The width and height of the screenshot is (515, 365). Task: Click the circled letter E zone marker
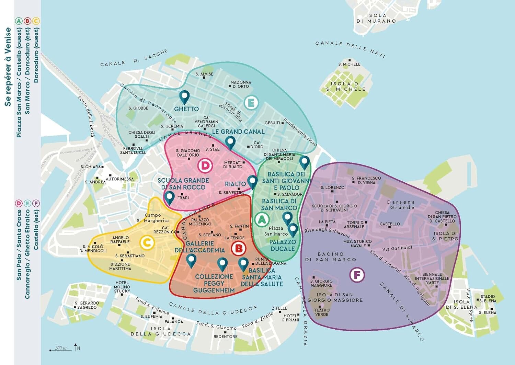pyautogui.click(x=251, y=103)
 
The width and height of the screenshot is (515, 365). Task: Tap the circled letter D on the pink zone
pyautogui.click(x=205, y=166)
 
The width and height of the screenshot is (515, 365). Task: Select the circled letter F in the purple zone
pyautogui.click(x=357, y=275)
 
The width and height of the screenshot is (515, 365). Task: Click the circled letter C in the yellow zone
pyautogui.click(x=147, y=243)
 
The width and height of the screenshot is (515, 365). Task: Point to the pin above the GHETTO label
pyautogui.click(x=185, y=97)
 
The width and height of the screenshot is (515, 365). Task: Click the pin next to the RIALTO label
pyautogui.click(x=252, y=182)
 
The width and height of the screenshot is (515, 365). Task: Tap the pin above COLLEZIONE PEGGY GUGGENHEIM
pyautogui.click(x=222, y=264)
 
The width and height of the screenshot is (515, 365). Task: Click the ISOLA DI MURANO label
pyautogui.click(x=376, y=18)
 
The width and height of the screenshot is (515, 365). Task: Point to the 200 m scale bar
pyautogui.click(x=61, y=349)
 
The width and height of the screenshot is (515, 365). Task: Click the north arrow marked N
pyautogui.click(x=76, y=347)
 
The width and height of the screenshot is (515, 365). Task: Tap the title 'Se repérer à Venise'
pyautogui.click(x=8, y=67)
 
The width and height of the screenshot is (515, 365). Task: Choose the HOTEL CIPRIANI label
pyautogui.click(x=290, y=318)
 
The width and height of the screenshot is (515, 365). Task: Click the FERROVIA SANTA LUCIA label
pyautogui.click(x=133, y=150)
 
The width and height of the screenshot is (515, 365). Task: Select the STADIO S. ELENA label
pyautogui.click(x=488, y=298)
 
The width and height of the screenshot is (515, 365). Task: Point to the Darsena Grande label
pyautogui.click(x=401, y=205)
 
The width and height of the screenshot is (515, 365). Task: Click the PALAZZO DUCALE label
pyautogui.click(x=282, y=245)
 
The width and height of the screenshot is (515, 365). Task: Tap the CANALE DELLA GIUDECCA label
pyautogui.click(x=213, y=309)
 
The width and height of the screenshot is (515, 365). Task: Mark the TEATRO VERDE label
pyautogui.click(x=322, y=312)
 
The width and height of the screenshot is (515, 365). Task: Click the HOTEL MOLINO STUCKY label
pyautogui.click(x=122, y=287)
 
